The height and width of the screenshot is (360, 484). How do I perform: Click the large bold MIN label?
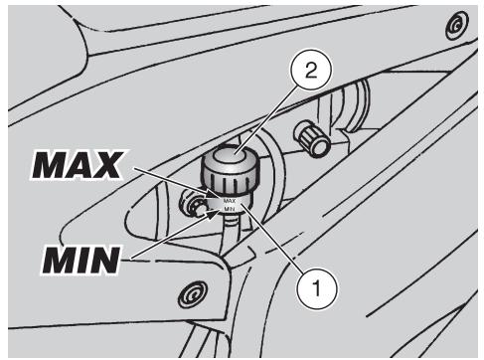tap(81, 260)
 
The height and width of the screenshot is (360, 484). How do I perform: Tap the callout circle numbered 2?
tap(311, 70)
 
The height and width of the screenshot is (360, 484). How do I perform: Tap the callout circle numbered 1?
tap(317, 288)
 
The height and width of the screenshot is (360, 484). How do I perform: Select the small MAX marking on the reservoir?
tap(230, 201)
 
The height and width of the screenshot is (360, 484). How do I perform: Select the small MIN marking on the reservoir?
tap(230, 209)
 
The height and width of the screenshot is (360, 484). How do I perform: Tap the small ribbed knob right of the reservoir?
tap(312, 137)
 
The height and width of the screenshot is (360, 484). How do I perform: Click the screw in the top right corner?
tap(457, 26)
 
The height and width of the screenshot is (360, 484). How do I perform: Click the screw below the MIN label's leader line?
tap(193, 294)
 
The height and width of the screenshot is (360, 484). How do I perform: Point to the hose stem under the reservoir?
tap(232, 229)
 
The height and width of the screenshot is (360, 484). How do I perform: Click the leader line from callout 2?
tap(266, 118)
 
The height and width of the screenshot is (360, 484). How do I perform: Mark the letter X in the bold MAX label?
tap(107, 165)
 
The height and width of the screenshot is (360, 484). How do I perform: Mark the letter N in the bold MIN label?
tap(103, 260)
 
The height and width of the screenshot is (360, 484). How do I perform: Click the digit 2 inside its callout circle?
tap(311, 71)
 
